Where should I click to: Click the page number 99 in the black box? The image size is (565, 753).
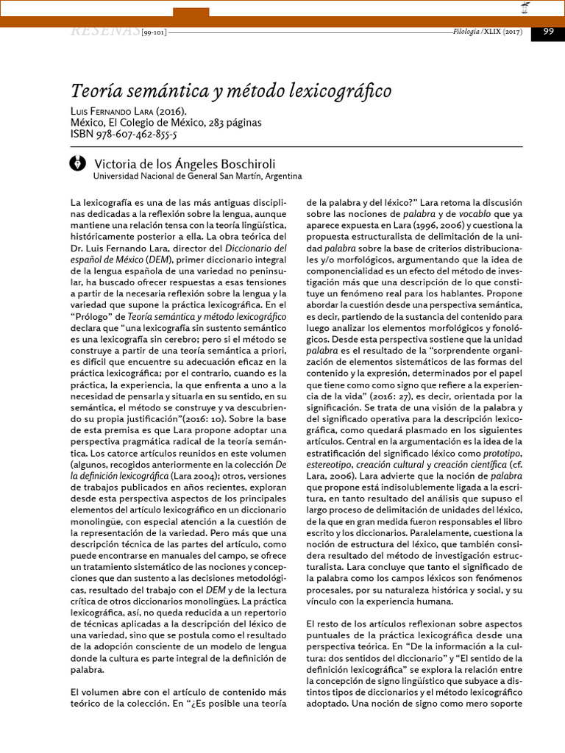[x=548, y=31]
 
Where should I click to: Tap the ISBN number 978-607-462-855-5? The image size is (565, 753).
[x=135, y=134]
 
